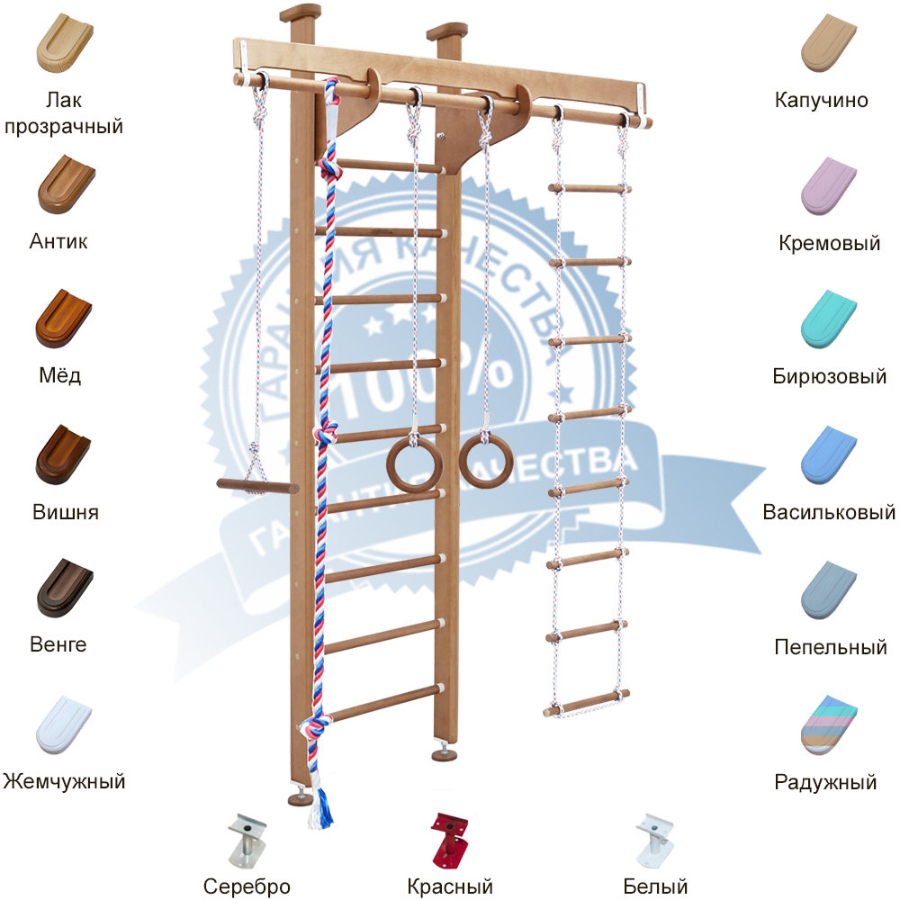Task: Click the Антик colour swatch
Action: (x=62, y=184)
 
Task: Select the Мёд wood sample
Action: (x=62, y=319)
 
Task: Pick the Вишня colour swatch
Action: (x=62, y=454)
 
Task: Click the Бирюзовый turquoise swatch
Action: (x=829, y=319)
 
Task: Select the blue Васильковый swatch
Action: (x=829, y=454)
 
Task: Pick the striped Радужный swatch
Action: (x=829, y=724)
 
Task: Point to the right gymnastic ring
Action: (x=486, y=460)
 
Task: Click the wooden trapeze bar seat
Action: (x=257, y=487)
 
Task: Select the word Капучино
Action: (x=821, y=100)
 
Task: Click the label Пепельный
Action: (x=830, y=647)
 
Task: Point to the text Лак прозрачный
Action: (x=63, y=112)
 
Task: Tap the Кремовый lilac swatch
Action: (x=829, y=184)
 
